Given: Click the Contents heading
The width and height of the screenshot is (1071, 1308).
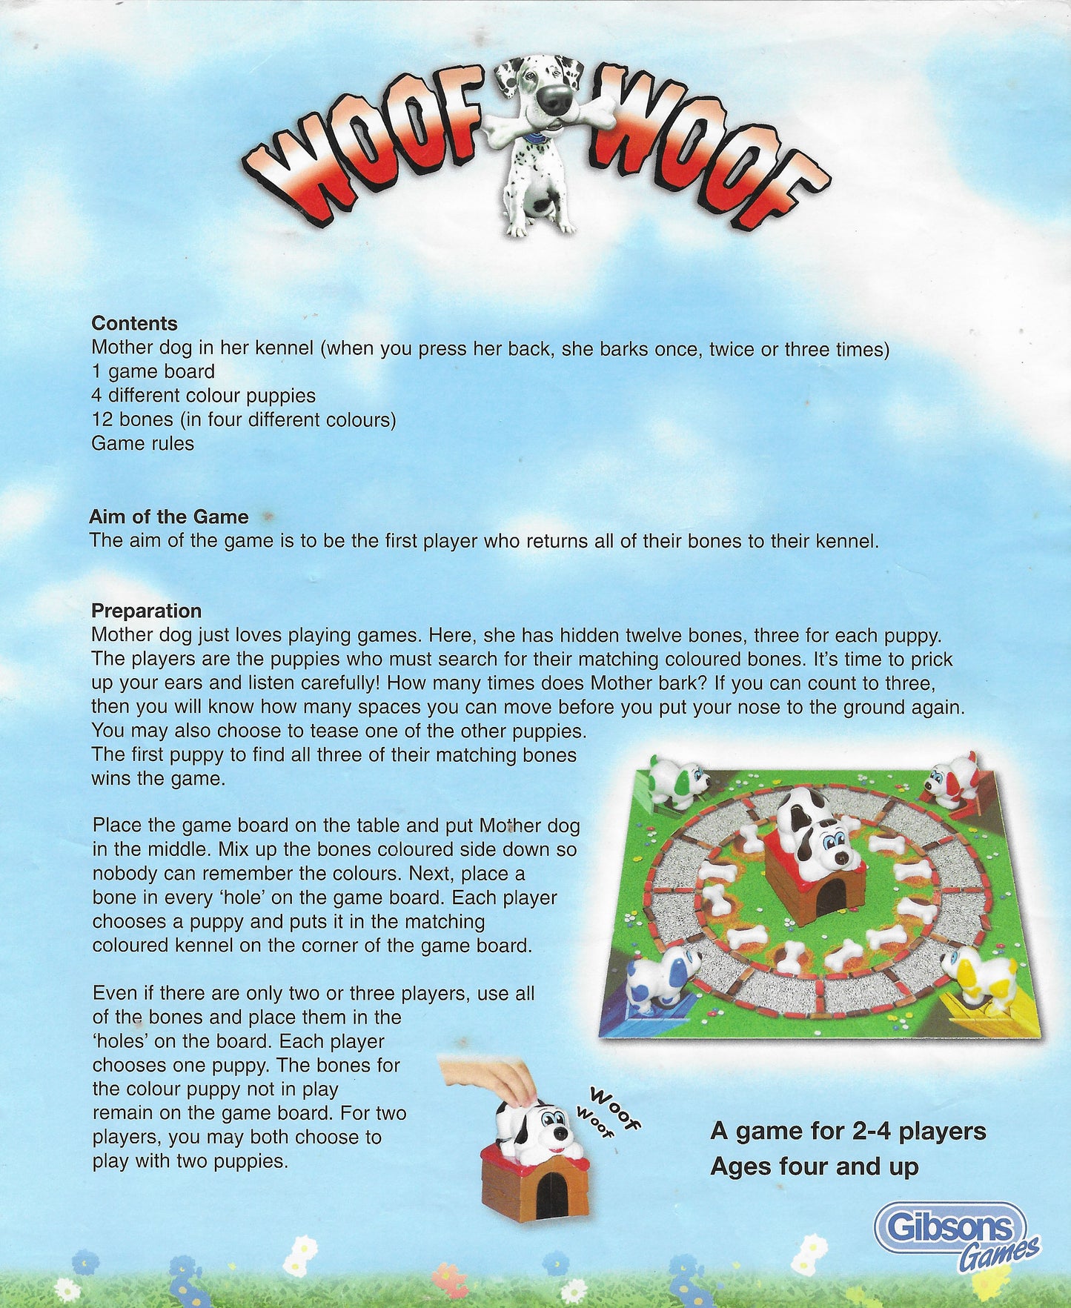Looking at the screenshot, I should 134,323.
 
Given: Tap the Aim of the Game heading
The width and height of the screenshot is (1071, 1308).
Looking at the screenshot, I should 169,517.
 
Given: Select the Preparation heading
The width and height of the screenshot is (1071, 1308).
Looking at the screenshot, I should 146,611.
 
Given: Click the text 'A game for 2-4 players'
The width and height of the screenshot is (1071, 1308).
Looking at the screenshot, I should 848,1131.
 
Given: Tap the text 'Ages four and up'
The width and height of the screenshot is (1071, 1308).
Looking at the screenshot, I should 814,1166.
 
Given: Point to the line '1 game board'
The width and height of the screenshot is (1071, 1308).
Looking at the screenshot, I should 153,371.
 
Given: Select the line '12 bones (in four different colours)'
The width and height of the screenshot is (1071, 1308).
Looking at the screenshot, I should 243,419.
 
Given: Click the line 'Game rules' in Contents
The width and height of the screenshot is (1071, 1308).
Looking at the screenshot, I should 142,443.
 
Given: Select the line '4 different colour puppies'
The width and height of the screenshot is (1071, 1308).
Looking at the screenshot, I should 203,396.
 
